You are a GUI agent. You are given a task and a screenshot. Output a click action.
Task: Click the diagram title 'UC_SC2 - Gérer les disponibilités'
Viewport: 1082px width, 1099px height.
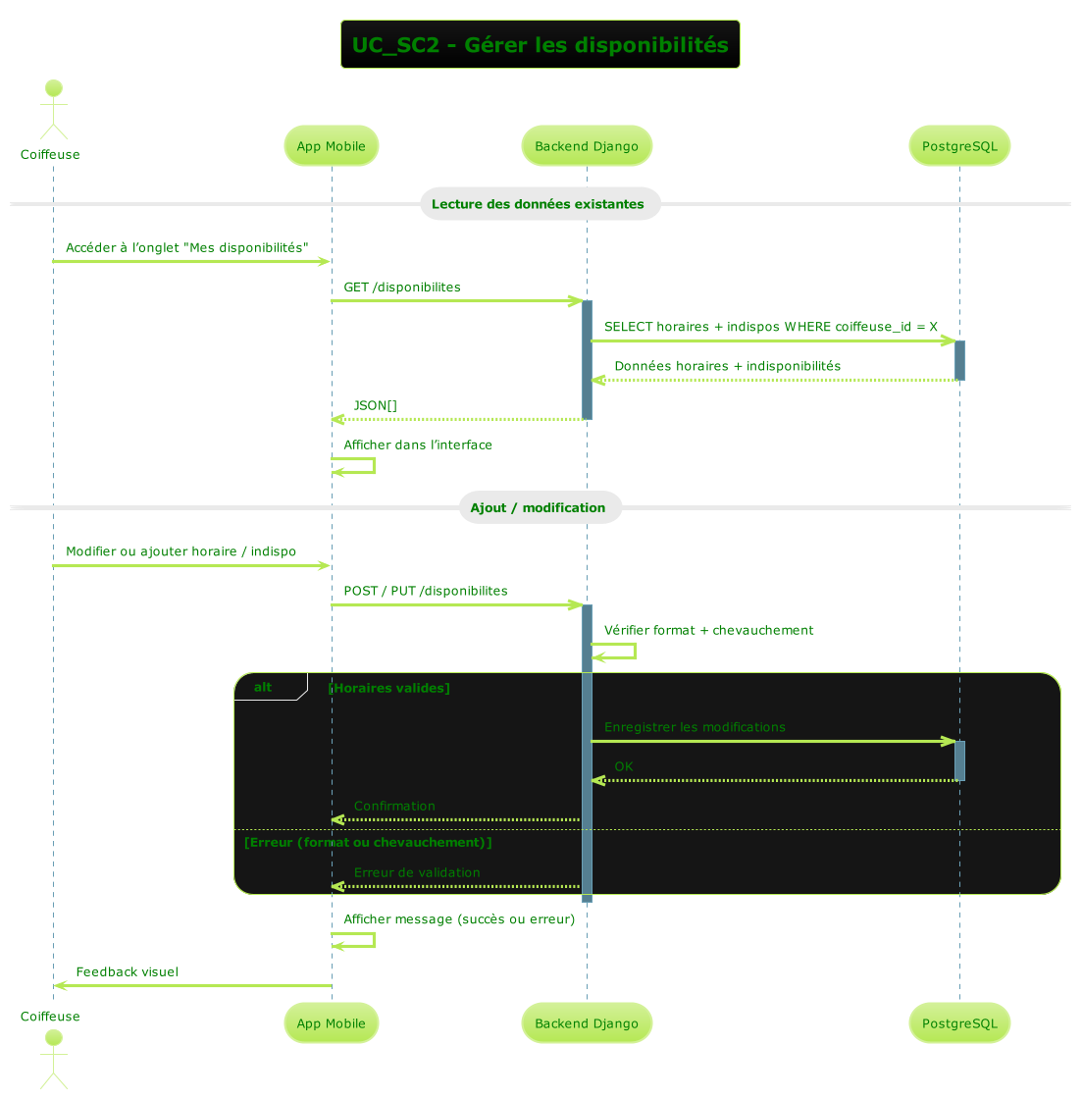(540, 45)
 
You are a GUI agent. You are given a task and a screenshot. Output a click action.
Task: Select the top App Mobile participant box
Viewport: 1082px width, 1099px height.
(331, 146)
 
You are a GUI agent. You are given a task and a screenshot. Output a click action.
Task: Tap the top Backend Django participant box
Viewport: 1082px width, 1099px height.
(587, 146)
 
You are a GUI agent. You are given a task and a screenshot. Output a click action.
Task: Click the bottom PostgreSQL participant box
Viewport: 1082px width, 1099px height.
(959, 1023)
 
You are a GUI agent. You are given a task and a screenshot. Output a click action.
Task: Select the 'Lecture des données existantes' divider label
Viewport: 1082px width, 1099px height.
(538, 204)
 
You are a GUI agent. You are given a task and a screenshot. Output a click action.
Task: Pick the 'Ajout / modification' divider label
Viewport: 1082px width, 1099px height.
(538, 507)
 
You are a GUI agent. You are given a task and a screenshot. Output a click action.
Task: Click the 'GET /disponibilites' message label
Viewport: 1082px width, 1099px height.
(402, 288)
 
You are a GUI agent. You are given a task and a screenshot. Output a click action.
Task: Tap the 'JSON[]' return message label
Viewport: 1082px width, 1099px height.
(376, 405)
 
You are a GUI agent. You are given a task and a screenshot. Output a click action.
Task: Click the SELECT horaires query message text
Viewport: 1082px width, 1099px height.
(771, 327)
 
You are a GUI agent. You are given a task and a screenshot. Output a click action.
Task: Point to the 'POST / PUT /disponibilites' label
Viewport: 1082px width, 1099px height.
(426, 592)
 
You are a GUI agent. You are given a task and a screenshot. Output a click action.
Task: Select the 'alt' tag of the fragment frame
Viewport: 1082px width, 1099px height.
(263, 687)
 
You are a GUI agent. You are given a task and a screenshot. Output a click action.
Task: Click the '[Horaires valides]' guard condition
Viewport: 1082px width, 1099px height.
(389, 688)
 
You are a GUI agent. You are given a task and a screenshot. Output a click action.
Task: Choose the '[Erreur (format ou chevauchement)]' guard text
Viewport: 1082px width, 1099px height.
(368, 843)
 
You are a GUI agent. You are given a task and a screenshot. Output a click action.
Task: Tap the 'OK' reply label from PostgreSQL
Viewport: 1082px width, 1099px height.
(624, 766)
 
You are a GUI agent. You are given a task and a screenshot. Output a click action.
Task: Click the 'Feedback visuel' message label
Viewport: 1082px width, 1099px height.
(127, 972)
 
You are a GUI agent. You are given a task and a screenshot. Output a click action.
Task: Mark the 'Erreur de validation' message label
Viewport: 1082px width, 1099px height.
(417, 872)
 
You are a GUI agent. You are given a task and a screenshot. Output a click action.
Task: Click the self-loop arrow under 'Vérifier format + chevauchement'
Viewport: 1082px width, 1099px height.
(616, 651)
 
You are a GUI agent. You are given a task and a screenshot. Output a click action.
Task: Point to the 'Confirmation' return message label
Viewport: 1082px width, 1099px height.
(394, 806)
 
